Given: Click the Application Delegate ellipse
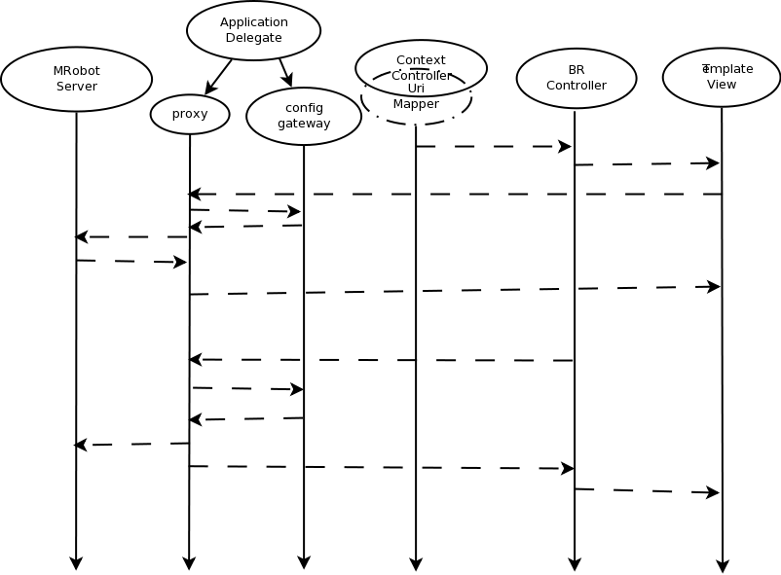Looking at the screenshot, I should (253, 30).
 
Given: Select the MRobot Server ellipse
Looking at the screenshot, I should (76, 79).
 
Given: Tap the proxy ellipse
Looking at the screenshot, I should (190, 114).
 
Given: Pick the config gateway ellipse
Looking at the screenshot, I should (304, 116).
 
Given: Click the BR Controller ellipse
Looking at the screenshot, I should (576, 78).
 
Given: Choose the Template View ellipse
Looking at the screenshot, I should (722, 77).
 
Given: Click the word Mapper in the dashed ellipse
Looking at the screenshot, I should (416, 104).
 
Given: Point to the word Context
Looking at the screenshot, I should (421, 60).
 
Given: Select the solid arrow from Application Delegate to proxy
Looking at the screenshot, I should (218, 78).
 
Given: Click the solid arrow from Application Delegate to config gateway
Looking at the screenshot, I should (285, 73).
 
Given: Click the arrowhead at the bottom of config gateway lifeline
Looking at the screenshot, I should (304, 562).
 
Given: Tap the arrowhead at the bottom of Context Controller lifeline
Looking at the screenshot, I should (416, 563).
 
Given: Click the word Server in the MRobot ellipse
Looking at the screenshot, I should (76, 87).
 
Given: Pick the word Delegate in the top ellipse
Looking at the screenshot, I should (253, 38).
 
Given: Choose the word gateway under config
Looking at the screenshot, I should (304, 124).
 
